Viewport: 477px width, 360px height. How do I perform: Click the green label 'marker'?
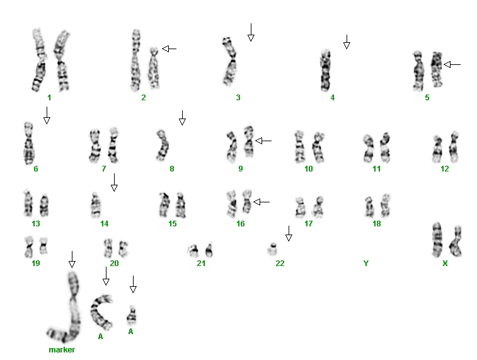(62, 350)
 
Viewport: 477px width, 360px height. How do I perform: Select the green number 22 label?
(280, 264)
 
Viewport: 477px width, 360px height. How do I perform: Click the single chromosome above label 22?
(273, 249)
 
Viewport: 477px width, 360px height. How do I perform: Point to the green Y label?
(366, 264)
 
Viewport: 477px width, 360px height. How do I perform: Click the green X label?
(445, 264)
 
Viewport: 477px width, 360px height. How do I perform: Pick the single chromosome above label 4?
(326, 70)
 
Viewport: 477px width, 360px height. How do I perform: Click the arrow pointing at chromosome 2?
(169, 49)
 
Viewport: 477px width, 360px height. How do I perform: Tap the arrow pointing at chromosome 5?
(452, 64)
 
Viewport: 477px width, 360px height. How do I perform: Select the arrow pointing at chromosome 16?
(261, 202)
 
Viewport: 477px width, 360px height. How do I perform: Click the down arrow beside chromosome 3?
(251, 32)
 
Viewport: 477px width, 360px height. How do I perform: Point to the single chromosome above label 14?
(96, 206)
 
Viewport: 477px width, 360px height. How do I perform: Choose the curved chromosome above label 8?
(163, 146)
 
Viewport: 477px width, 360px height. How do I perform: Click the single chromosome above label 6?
(29, 143)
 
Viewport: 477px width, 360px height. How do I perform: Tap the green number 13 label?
(36, 224)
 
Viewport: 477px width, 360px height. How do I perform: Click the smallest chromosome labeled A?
(132, 316)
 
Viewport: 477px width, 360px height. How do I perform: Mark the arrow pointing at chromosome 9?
(263, 141)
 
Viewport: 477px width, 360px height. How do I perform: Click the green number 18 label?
(377, 224)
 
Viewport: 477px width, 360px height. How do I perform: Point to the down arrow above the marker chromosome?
(72, 260)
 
